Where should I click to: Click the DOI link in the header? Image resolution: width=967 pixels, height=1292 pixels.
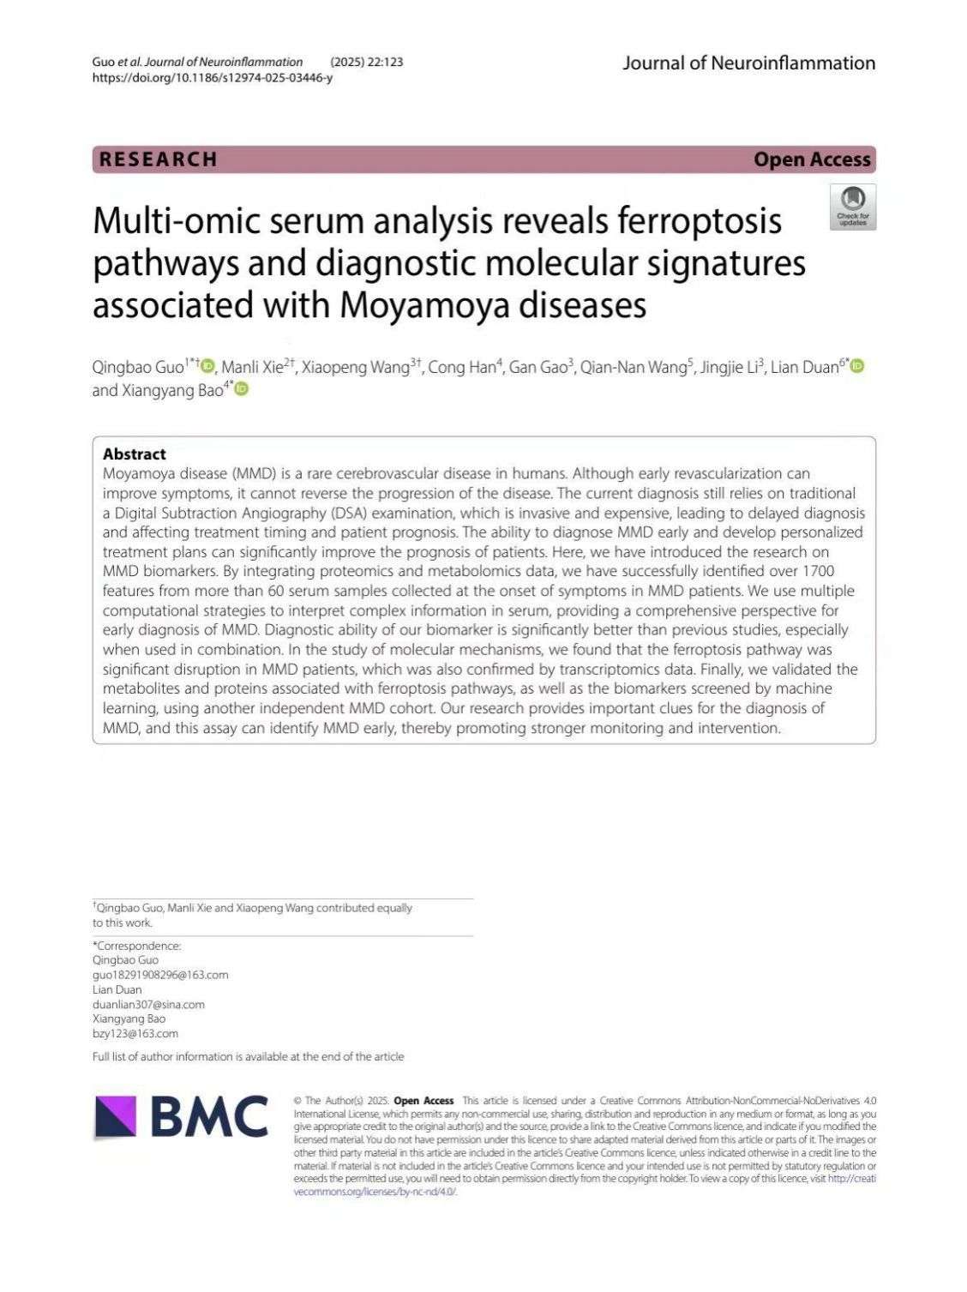tap(212, 78)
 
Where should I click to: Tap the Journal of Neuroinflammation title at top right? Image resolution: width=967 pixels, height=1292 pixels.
tap(748, 63)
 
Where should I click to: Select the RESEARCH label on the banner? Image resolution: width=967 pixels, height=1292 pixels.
tap(159, 159)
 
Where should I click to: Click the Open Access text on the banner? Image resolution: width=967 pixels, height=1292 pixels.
tap(811, 159)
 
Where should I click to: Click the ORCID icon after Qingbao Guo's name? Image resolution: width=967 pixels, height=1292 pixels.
tap(208, 367)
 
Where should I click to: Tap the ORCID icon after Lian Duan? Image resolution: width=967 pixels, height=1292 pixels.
tap(856, 366)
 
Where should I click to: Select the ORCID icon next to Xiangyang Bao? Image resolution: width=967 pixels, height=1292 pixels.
tap(242, 389)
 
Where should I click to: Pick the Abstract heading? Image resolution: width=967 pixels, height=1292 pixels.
tap(135, 454)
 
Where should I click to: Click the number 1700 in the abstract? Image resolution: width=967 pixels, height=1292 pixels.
tap(818, 571)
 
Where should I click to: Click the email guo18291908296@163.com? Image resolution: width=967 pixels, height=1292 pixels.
tap(160, 975)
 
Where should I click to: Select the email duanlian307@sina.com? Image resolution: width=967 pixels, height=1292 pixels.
tap(148, 1004)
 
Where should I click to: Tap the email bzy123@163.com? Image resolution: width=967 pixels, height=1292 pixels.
tap(135, 1033)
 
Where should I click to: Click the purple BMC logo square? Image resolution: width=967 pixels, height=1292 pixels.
tap(116, 1116)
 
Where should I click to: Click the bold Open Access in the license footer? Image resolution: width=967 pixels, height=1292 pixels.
tap(423, 1101)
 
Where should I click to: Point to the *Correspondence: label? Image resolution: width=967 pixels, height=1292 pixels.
tap(137, 946)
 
